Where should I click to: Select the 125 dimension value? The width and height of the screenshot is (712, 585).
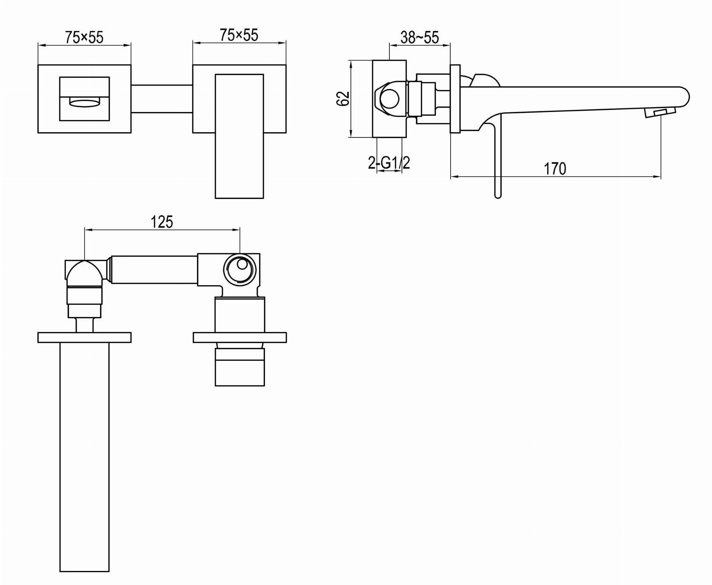[162, 222]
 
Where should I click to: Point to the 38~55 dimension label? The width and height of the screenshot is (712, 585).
[420, 37]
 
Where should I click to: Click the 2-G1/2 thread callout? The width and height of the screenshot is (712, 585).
[389, 163]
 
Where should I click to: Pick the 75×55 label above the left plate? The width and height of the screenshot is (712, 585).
[84, 37]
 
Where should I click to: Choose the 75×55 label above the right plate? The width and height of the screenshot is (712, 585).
[239, 35]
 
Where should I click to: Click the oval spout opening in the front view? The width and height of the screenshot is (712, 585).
[84, 103]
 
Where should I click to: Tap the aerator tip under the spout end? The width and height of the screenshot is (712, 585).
[660, 112]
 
